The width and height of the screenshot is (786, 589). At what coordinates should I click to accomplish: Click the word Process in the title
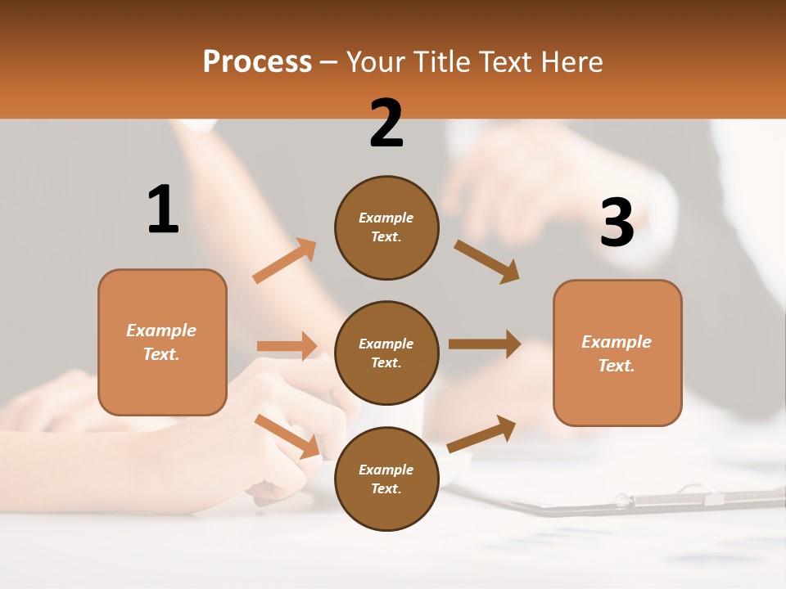257,62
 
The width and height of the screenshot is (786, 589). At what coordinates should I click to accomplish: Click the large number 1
163,209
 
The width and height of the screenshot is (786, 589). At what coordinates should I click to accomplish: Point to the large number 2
386,124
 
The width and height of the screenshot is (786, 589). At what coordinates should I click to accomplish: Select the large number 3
617,223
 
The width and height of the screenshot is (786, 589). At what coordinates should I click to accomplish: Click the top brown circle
386,227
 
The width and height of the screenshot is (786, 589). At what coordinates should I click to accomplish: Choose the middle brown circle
386,353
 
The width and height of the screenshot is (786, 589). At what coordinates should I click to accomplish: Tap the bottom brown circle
386,479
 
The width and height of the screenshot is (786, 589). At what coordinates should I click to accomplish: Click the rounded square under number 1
162,342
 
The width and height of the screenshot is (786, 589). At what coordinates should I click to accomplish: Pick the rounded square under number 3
617,353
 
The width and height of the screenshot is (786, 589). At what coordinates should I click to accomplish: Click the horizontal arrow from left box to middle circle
287,346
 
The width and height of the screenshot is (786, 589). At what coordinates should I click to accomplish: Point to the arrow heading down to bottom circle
287,436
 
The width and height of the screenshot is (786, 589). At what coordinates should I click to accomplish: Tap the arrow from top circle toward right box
486,261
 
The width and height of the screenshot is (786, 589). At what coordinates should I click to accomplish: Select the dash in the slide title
329,62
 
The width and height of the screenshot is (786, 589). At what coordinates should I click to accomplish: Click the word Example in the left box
161,330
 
